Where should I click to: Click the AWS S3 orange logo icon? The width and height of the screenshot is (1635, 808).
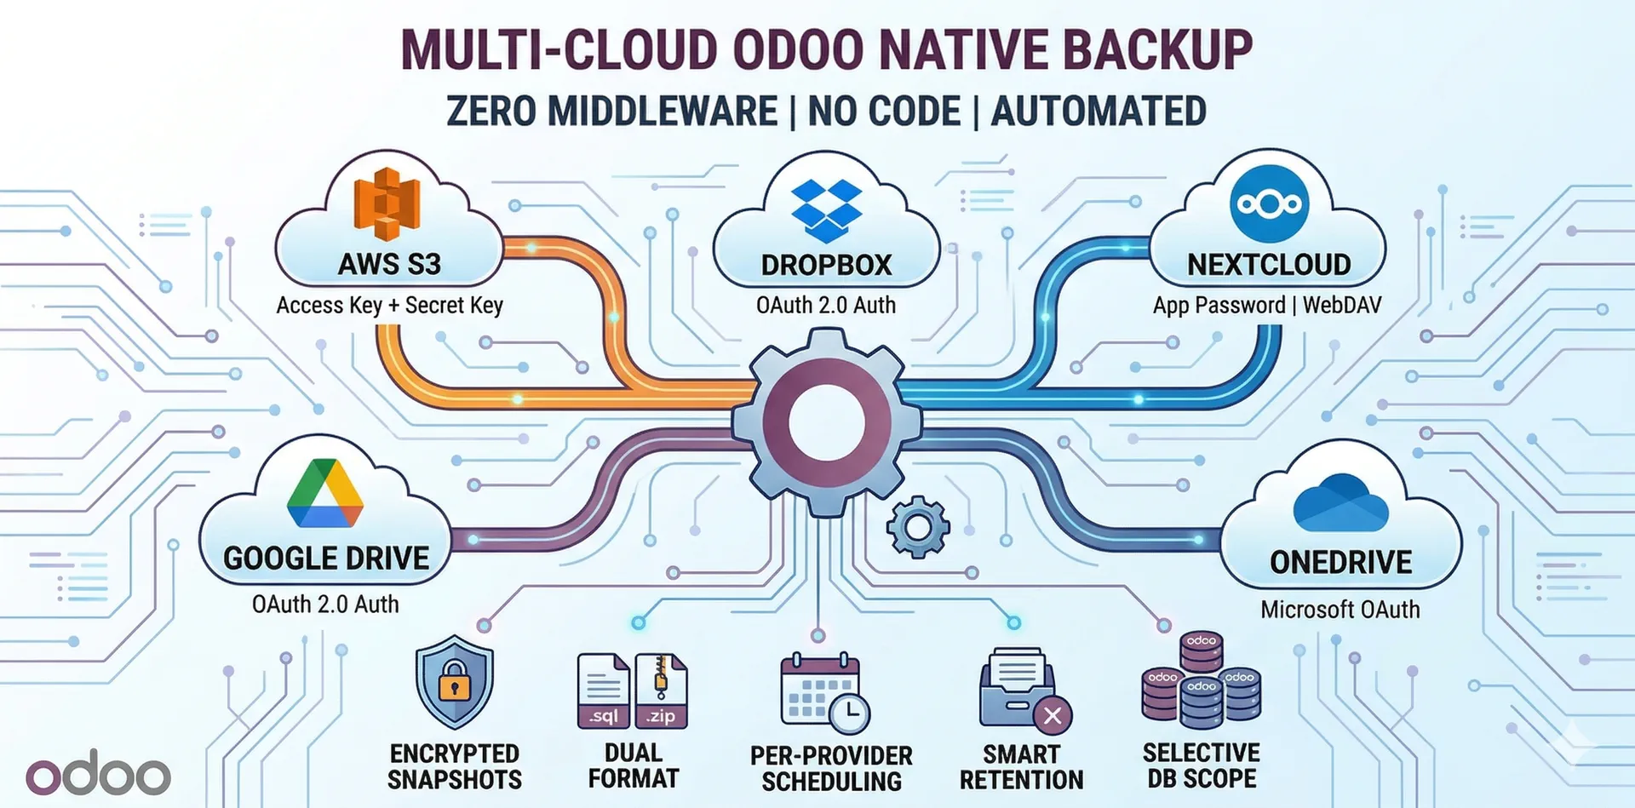[x=387, y=203]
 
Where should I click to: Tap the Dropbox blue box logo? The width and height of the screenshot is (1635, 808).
[x=826, y=210]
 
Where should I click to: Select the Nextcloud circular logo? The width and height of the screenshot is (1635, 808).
[x=1269, y=204]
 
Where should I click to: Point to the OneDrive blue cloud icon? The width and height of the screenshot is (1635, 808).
[x=1340, y=504]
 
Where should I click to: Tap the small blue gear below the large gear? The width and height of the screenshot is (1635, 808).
[x=917, y=527]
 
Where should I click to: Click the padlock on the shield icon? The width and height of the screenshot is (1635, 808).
[x=455, y=682]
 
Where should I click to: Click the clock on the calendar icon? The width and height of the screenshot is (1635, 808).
[x=849, y=713]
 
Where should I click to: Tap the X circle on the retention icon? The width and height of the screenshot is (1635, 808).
[x=1053, y=715]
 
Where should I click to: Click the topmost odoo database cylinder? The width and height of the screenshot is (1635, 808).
[x=1201, y=652]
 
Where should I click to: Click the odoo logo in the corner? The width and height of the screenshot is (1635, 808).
[x=98, y=774]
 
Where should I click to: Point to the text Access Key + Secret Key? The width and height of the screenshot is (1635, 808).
[x=389, y=305]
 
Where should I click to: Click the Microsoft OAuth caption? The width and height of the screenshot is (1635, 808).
[x=1340, y=610]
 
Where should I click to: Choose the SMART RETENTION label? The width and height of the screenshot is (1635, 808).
[x=1021, y=766]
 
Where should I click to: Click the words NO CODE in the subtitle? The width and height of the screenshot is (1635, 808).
[x=883, y=112]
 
